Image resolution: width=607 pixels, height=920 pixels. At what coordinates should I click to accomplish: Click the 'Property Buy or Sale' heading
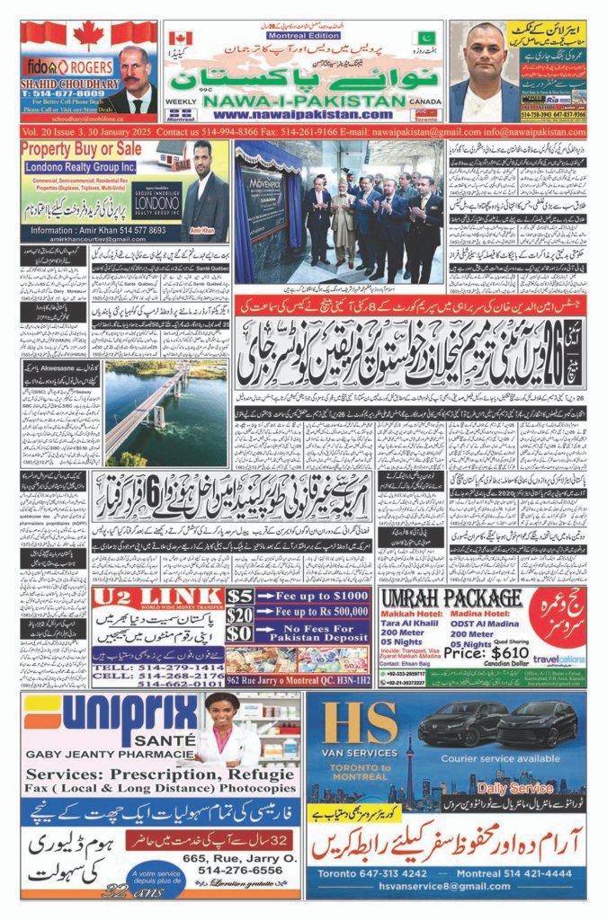pyautogui.click(x=81, y=148)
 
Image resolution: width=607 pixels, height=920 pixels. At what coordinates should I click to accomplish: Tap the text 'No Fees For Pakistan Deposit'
pyautogui.click(x=311, y=633)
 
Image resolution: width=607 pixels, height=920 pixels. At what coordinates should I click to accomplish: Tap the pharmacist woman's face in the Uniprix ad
pyautogui.click(x=222, y=713)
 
